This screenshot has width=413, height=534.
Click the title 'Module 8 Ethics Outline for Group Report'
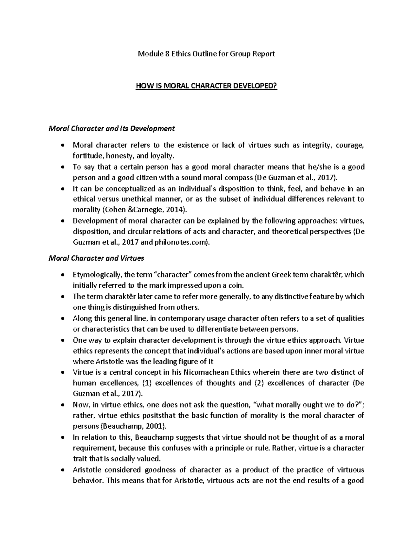206,54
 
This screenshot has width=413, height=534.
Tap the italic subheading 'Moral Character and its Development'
112,129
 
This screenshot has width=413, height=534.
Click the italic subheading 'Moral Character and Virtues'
96,258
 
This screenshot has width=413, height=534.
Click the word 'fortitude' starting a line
85,156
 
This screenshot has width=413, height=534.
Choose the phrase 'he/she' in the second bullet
315,167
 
